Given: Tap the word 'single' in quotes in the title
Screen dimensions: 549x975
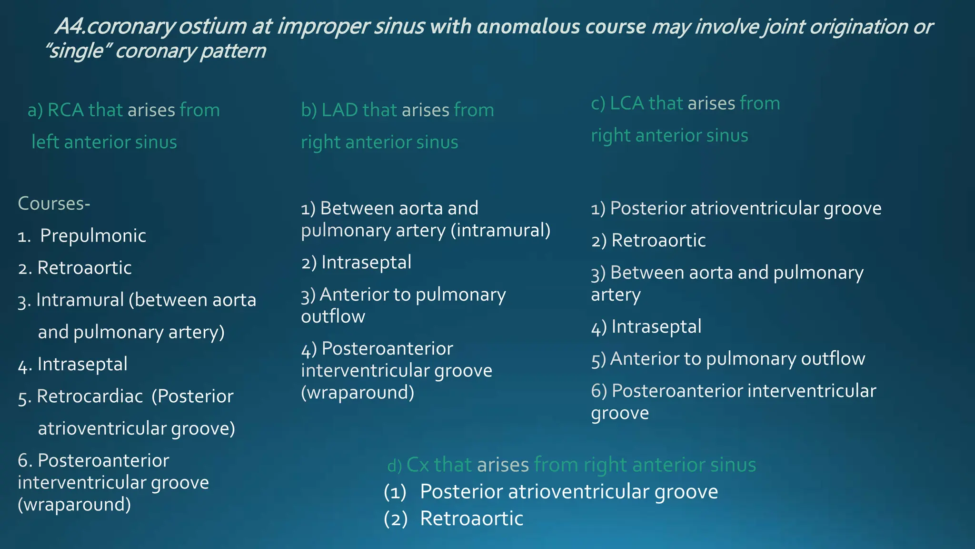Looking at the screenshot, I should pos(77,51).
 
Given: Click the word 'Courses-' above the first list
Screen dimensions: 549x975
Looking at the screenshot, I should pos(54,203).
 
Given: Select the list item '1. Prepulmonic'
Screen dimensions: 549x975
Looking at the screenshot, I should pos(82,236).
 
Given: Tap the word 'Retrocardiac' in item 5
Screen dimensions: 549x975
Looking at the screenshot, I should pos(90,396).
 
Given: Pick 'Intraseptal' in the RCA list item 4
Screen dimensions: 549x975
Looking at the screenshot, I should pos(82,365).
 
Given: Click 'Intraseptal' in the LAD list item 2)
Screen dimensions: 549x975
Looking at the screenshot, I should pos(366,263).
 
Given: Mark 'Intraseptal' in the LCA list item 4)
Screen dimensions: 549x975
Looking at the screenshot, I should pos(656,327).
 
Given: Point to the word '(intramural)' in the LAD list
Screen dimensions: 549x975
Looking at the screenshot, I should pos(500,231).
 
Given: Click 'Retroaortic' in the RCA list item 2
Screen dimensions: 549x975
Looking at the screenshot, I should pos(84,268).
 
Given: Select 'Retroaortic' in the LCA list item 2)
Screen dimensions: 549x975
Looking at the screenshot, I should pos(658,241).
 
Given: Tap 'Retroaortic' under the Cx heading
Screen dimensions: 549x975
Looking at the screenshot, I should pos(471,518).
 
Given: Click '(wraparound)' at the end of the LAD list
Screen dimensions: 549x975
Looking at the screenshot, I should pos(358,393).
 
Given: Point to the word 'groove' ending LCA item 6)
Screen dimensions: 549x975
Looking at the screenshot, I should pos(620,413).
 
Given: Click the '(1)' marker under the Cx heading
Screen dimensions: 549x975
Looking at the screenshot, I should pos(395,492).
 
